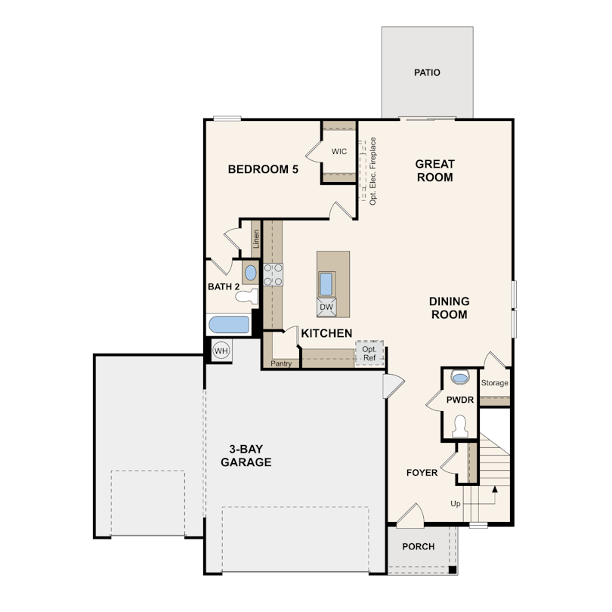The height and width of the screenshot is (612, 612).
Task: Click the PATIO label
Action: pyautogui.click(x=427, y=73)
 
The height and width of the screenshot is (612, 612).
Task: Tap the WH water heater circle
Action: pyautogui.click(x=221, y=351)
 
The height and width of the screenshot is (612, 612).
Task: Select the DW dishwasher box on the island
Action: pyautogui.click(x=326, y=308)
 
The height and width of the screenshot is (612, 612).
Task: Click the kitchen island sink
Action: pyautogui.click(x=326, y=284)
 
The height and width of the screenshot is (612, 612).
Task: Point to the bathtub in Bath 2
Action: pyautogui.click(x=229, y=325)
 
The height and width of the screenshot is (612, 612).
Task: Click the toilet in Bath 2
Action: pyautogui.click(x=248, y=297)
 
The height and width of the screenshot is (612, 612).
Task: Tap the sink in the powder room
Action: pyautogui.click(x=461, y=378)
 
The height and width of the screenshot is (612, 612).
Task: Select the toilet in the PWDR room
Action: pyautogui.click(x=460, y=426)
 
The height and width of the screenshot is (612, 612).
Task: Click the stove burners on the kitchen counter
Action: pyautogui.click(x=273, y=275)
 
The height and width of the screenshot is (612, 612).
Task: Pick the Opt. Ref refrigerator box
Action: pyautogui.click(x=369, y=354)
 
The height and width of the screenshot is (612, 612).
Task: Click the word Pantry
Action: pyautogui.click(x=281, y=363)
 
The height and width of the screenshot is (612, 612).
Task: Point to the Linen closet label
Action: pyautogui.click(x=256, y=239)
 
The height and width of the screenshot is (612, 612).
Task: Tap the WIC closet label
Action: pyautogui.click(x=338, y=151)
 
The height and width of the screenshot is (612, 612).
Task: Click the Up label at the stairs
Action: pyautogui.click(x=456, y=504)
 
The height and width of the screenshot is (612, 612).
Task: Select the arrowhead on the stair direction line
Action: pyautogui.click(x=495, y=489)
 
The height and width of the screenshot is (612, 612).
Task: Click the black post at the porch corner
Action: pyautogui.click(x=453, y=570)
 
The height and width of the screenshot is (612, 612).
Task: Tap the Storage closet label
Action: pyautogui.click(x=495, y=383)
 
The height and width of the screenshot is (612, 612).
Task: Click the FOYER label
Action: pyautogui.click(x=422, y=473)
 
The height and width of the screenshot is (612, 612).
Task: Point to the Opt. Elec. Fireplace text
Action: pyautogui.click(x=372, y=171)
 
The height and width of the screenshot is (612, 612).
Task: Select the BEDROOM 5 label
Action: pyautogui.click(x=263, y=169)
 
